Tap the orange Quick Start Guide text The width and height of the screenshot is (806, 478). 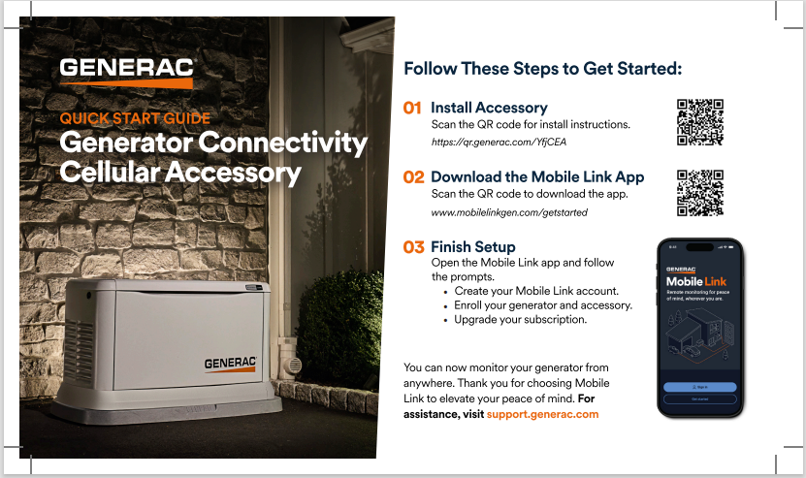(x=135, y=119)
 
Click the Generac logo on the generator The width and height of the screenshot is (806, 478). (x=230, y=364)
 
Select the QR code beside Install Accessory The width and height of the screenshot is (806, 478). (x=700, y=121)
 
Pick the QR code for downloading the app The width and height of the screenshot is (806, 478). (x=700, y=192)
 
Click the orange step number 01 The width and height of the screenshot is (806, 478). (x=412, y=108)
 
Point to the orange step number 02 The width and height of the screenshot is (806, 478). (x=413, y=177)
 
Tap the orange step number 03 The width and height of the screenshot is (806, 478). (x=413, y=247)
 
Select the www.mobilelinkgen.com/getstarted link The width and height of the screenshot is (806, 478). (x=509, y=212)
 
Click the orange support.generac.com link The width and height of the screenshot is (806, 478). (x=542, y=414)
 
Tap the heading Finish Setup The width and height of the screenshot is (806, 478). (x=472, y=247)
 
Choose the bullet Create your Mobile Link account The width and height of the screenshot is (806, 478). (x=536, y=291)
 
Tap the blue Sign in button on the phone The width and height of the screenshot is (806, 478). (x=699, y=386)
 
